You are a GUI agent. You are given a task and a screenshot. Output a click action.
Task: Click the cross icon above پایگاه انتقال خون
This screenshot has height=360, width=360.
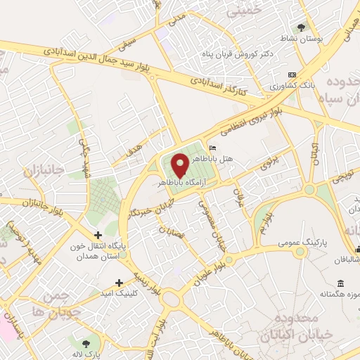(98, 236)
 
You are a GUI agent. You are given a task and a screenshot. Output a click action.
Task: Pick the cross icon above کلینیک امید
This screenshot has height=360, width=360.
(119, 282)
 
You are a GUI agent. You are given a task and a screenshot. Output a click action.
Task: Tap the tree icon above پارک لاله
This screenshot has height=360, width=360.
(86, 343)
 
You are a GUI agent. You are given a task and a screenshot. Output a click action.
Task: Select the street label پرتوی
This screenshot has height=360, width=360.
(270, 165)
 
